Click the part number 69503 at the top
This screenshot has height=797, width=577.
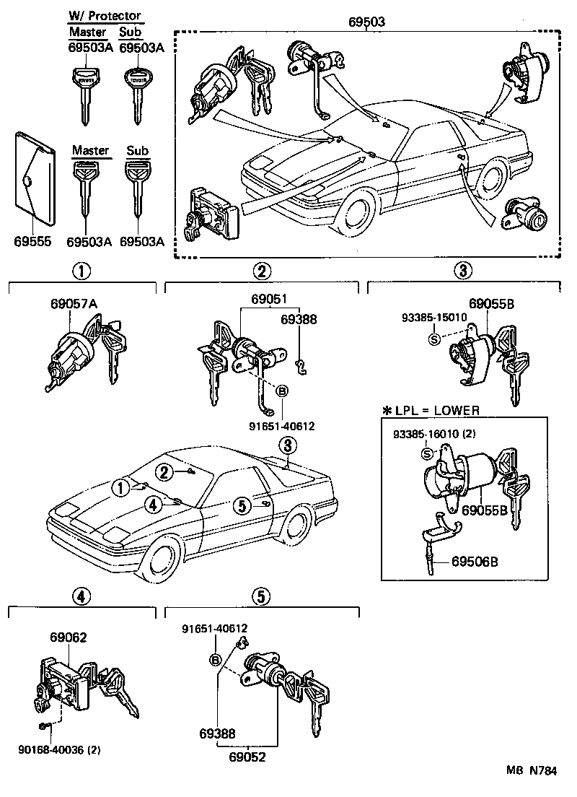[x=368, y=21]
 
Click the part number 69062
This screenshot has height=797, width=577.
[x=69, y=637]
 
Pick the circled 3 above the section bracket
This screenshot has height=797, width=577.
[x=462, y=271]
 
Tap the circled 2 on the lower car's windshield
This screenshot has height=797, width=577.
[x=164, y=472]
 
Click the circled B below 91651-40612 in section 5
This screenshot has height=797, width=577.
[x=214, y=660]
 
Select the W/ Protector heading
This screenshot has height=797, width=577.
[x=105, y=16]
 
